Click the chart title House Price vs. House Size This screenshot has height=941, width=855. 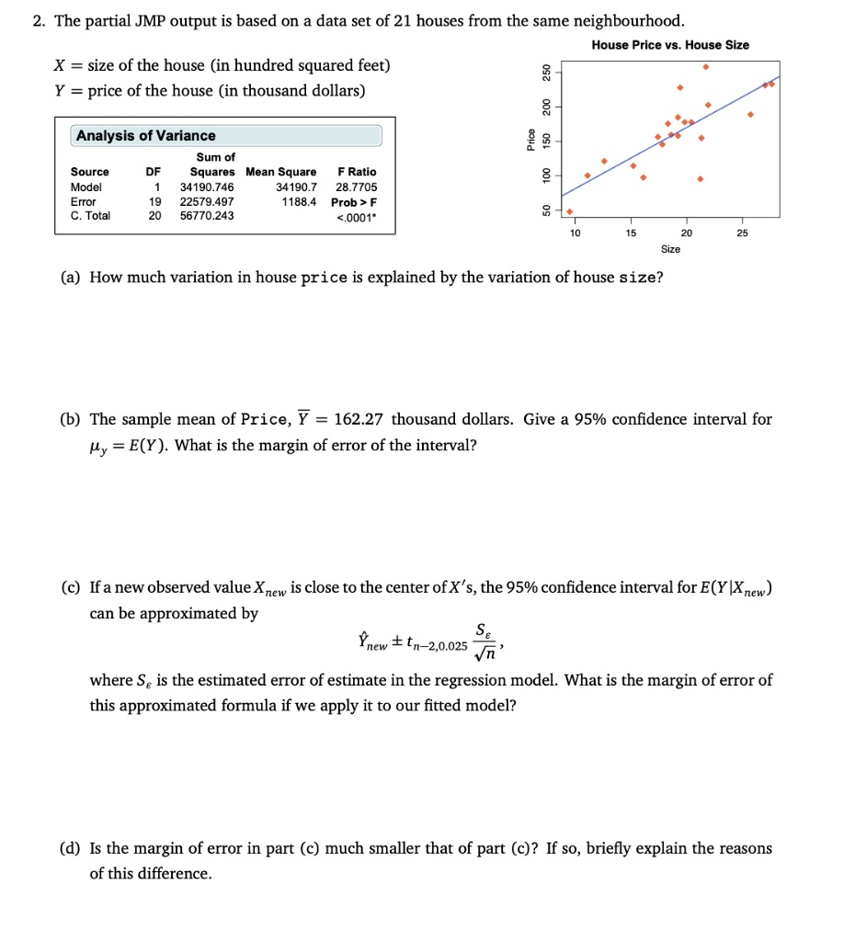pyautogui.click(x=670, y=45)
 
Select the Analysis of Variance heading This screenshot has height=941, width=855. pyautogui.click(x=146, y=136)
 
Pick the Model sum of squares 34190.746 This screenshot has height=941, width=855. pyautogui.click(x=207, y=187)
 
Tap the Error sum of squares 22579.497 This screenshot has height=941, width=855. pyautogui.click(x=207, y=201)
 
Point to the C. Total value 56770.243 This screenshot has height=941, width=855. pyautogui.click(x=207, y=216)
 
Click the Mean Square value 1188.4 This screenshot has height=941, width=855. pyautogui.click(x=301, y=201)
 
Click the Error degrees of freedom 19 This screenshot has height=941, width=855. pyautogui.click(x=155, y=201)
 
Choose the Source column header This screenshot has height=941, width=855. pyautogui.click(x=90, y=172)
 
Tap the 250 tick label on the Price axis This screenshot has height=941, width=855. pyautogui.click(x=545, y=73)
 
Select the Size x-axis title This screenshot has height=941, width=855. pyautogui.click(x=671, y=249)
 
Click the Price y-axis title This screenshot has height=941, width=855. pyautogui.click(x=529, y=139)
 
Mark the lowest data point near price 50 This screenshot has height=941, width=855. pyautogui.click(x=570, y=210)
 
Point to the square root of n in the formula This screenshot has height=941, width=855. pyautogui.click(x=484, y=656)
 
